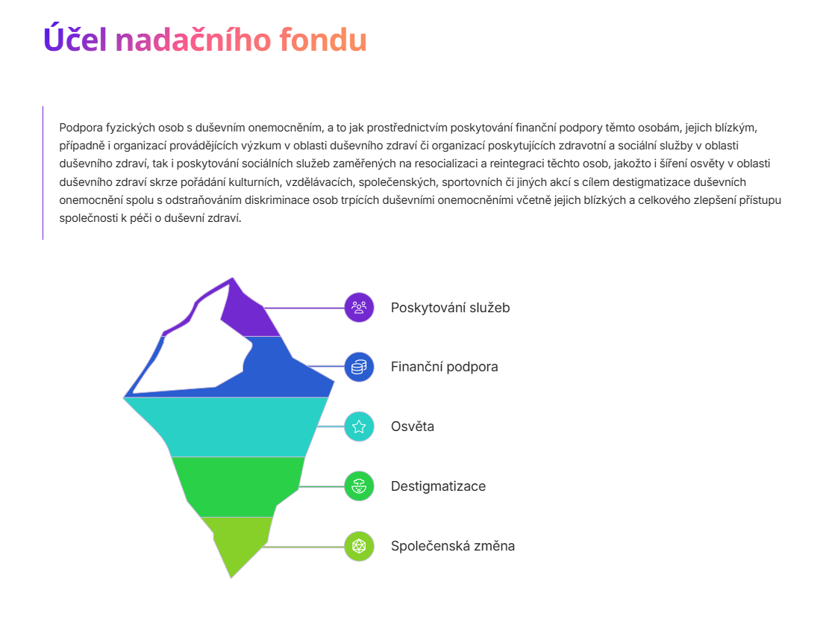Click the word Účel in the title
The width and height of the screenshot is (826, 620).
[x=75, y=39]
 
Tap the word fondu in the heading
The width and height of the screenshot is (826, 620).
[x=323, y=40]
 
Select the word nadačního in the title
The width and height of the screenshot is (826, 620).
[x=193, y=40]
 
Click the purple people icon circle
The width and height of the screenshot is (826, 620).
[x=359, y=307]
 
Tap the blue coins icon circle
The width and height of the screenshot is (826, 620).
[x=359, y=367]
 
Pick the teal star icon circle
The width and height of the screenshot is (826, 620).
[x=359, y=427]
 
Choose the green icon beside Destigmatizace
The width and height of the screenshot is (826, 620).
[x=359, y=486]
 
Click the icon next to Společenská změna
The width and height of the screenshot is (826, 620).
[x=359, y=546]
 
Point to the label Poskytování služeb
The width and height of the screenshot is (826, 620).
[x=451, y=308]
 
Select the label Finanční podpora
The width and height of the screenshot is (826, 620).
[x=445, y=367]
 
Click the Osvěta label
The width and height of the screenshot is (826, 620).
[x=413, y=427]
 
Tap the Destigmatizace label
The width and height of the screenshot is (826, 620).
[x=438, y=486]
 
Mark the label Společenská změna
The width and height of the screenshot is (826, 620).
[x=453, y=545]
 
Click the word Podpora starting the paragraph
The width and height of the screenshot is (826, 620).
[x=81, y=128]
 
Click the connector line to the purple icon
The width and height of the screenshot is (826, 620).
[x=304, y=308]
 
